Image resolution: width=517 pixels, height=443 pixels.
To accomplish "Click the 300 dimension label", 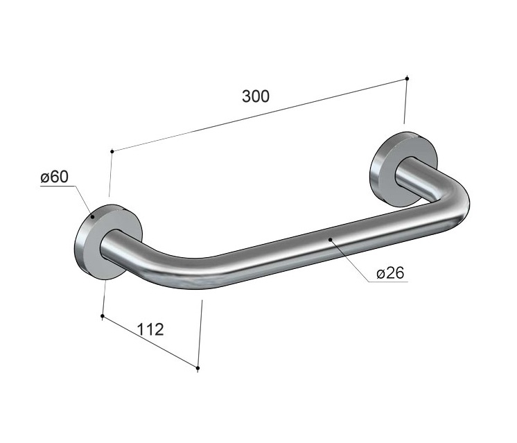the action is pos(256,96).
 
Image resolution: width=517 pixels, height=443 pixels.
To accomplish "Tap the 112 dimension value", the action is pos(150,329).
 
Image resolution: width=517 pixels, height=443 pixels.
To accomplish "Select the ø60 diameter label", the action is pos(55,177).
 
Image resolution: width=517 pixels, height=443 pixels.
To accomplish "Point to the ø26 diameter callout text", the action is pos(390,273).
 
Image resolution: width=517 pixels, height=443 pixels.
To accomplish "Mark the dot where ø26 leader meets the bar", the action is pos(331,240).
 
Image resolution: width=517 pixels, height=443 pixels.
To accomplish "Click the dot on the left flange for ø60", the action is pos(93,217).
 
